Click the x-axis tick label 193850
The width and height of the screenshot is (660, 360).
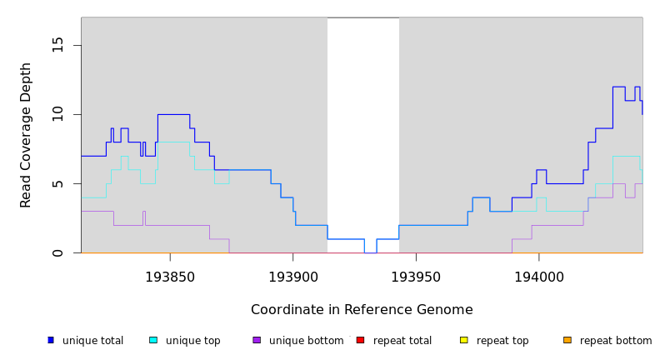[170, 276]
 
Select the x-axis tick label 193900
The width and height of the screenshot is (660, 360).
[292, 276]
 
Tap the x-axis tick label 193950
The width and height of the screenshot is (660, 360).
[415, 276]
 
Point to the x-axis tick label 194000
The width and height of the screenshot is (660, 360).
[537, 276]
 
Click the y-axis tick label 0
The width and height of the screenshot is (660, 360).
[57, 252]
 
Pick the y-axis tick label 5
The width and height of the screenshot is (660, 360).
[57, 183]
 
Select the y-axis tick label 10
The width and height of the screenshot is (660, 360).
[57, 114]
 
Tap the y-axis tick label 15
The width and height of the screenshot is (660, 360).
[57, 45]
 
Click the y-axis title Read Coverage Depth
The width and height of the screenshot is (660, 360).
[27, 135]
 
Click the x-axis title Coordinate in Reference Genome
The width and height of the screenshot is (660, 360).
[362, 310]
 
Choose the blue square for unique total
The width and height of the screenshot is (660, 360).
[51, 340]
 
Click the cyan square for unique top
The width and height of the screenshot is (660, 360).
[153, 340]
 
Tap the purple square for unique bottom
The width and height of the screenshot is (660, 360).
[257, 340]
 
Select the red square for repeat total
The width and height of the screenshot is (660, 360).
[360, 340]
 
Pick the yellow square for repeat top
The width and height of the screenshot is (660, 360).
[463, 340]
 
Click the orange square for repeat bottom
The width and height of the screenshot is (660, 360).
[567, 340]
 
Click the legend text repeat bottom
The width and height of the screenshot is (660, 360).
[616, 341]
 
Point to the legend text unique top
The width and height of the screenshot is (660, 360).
[192, 341]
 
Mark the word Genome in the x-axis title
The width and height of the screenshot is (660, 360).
[446, 310]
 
